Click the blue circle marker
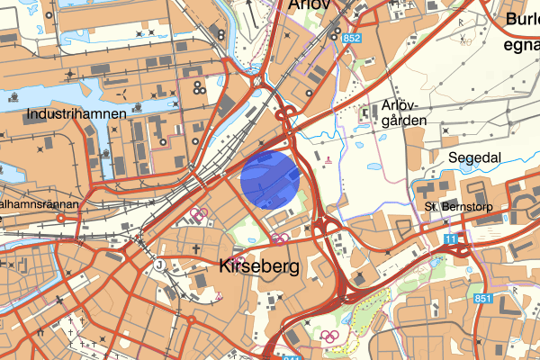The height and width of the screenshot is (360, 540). point(270,180)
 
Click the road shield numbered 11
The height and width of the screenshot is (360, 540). point(450,237)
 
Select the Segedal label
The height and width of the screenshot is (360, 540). point(473,156)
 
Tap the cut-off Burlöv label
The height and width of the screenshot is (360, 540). point(521,18)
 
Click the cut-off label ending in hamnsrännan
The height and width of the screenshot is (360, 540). point(40,205)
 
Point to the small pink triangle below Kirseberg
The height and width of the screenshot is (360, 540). point(218,296)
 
